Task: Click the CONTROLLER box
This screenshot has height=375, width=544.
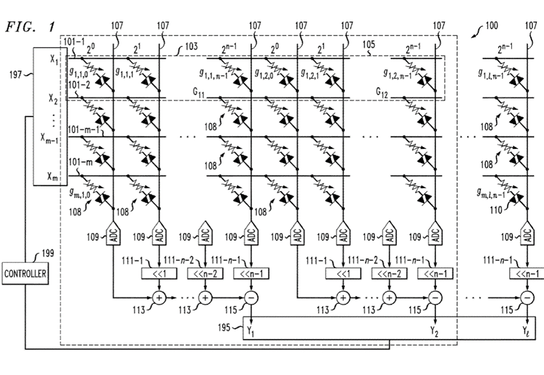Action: pos(25,273)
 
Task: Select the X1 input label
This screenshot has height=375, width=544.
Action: pos(53,58)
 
